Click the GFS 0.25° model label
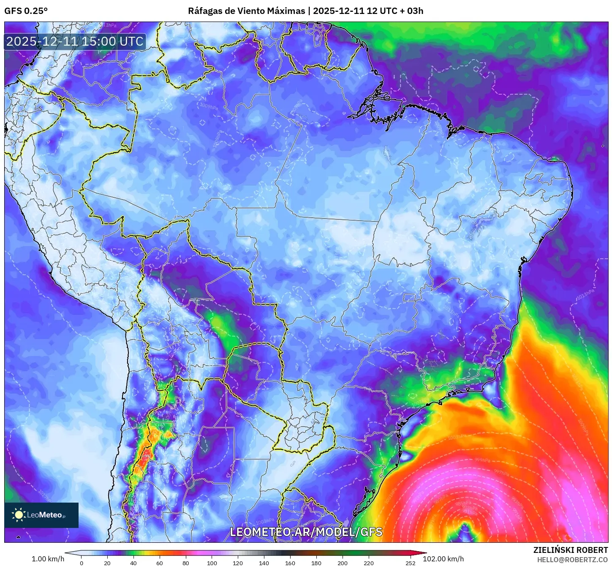point(26,11)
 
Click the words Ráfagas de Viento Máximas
point(246,11)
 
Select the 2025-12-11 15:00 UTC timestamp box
point(75,41)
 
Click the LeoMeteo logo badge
point(41,515)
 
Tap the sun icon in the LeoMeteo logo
point(19,514)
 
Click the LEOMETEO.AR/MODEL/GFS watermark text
point(306,532)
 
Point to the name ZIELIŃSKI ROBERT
point(570,550)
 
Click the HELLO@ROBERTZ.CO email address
point(572,560)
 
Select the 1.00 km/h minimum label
point(48,559)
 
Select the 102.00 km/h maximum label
point(443,559)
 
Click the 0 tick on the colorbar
point(82,563)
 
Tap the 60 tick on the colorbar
point(160,563)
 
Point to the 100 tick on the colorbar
point(212,563)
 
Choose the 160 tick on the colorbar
point(290,563)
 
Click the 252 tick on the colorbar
point(411,563)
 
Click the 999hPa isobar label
point(481,459)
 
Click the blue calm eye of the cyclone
point(465,530)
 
